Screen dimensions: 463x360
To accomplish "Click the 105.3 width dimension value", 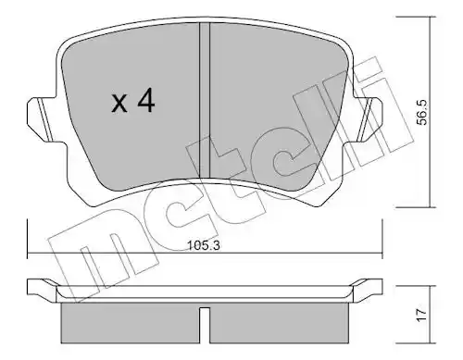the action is coord(204,245).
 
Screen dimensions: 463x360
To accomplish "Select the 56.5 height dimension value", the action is coord(422,112).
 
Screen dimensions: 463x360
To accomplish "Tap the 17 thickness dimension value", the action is coord(422,315).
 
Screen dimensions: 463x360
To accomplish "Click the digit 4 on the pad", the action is coord(146,99).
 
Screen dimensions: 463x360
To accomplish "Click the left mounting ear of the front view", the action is coord(40,118).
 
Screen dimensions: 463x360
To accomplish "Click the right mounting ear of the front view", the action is coord(368,118).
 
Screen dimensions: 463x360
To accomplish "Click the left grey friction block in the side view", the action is coord(131,323).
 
